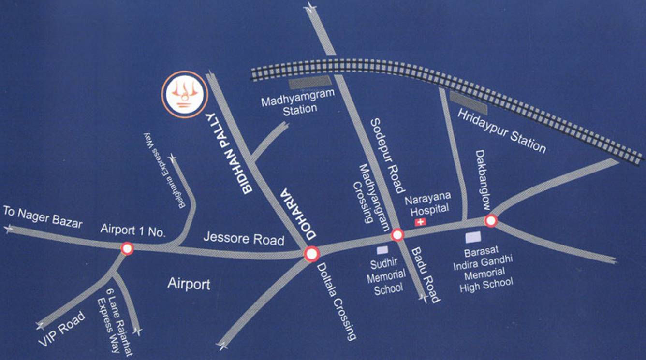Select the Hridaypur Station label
pos(501,130)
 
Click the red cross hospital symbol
pos(421,222)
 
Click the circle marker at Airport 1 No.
pos(127,248)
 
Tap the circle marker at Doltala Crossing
pos(311,253)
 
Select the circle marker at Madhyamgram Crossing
pos(397,235)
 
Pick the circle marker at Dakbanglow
pos(491,221)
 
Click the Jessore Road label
pos(243,238)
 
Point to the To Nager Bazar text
pos(43,217)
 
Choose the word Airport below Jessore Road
pos(189,284)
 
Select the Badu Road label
pos(426,275)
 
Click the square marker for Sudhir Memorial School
pos(382,250)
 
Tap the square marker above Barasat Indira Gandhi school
pos(472,237)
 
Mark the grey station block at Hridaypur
pos(469,102)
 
